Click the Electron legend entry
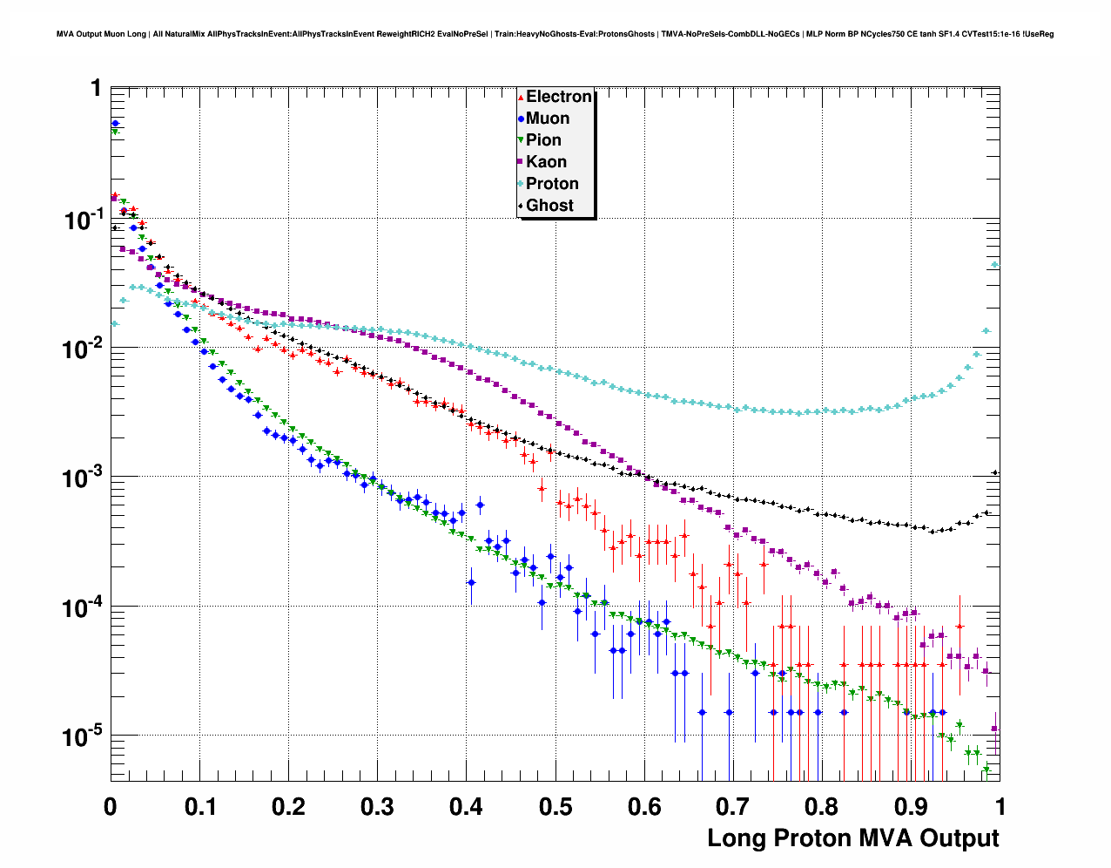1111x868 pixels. (x=558, y=97)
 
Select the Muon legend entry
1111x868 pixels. (x=547, y=119)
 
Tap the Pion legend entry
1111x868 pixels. (x=543, y=140)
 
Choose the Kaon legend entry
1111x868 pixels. (x=546, y=162)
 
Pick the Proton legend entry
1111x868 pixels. (x=552, y=184)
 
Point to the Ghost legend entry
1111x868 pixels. (x=549, y=206)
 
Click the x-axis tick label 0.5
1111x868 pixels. (x=555, y=807)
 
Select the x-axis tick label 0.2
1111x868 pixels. (x=288, y=807)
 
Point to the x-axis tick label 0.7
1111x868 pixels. (x=733, y=807)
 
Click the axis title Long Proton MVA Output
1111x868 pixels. (x=852, y=838)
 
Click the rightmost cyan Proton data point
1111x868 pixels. (x=995, y=265)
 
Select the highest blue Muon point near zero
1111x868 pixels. (x=115, y=124)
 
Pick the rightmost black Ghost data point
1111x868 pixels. (x=995, y=472)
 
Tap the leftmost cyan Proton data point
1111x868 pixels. (x=115, y=323)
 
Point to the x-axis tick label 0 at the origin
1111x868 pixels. (x=111, y=807)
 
